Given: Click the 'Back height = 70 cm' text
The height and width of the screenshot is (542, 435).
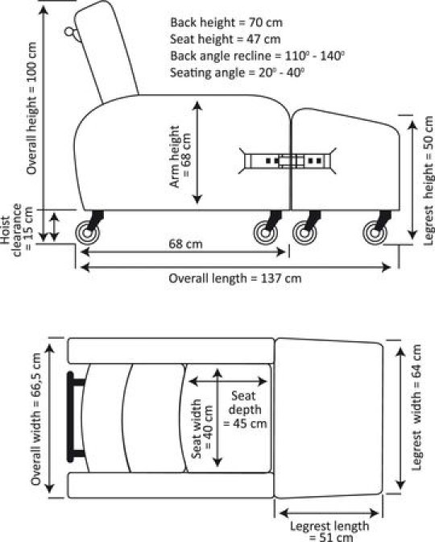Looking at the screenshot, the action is [226, 23].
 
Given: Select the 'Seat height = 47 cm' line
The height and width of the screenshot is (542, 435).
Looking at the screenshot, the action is [225, 39].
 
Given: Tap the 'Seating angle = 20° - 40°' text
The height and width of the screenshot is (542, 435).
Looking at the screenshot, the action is [237, 73].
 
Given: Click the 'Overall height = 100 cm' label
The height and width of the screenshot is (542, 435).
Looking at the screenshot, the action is [31, 108].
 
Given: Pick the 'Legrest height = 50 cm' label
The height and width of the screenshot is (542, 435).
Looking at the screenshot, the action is [428, 181].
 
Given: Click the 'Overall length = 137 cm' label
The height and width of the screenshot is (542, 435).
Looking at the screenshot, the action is [234, 278].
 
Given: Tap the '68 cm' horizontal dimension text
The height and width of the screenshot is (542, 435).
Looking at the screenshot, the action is [185, 244].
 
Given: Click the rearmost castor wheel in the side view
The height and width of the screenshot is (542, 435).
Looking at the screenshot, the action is [87, 232].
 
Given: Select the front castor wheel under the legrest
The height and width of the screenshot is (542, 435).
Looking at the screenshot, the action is [375, 232].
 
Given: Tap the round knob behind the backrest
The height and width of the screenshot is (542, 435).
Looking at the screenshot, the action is [69, 31].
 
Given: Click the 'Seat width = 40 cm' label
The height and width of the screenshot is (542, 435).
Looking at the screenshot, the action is [202, 428].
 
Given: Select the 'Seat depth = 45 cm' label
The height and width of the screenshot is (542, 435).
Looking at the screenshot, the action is [245, 410].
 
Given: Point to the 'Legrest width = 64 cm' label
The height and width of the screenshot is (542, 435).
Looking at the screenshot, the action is [417, 407].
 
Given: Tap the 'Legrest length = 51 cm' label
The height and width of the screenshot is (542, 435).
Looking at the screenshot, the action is [329, 532].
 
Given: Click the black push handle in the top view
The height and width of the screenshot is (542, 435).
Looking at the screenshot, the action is [74, 417].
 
